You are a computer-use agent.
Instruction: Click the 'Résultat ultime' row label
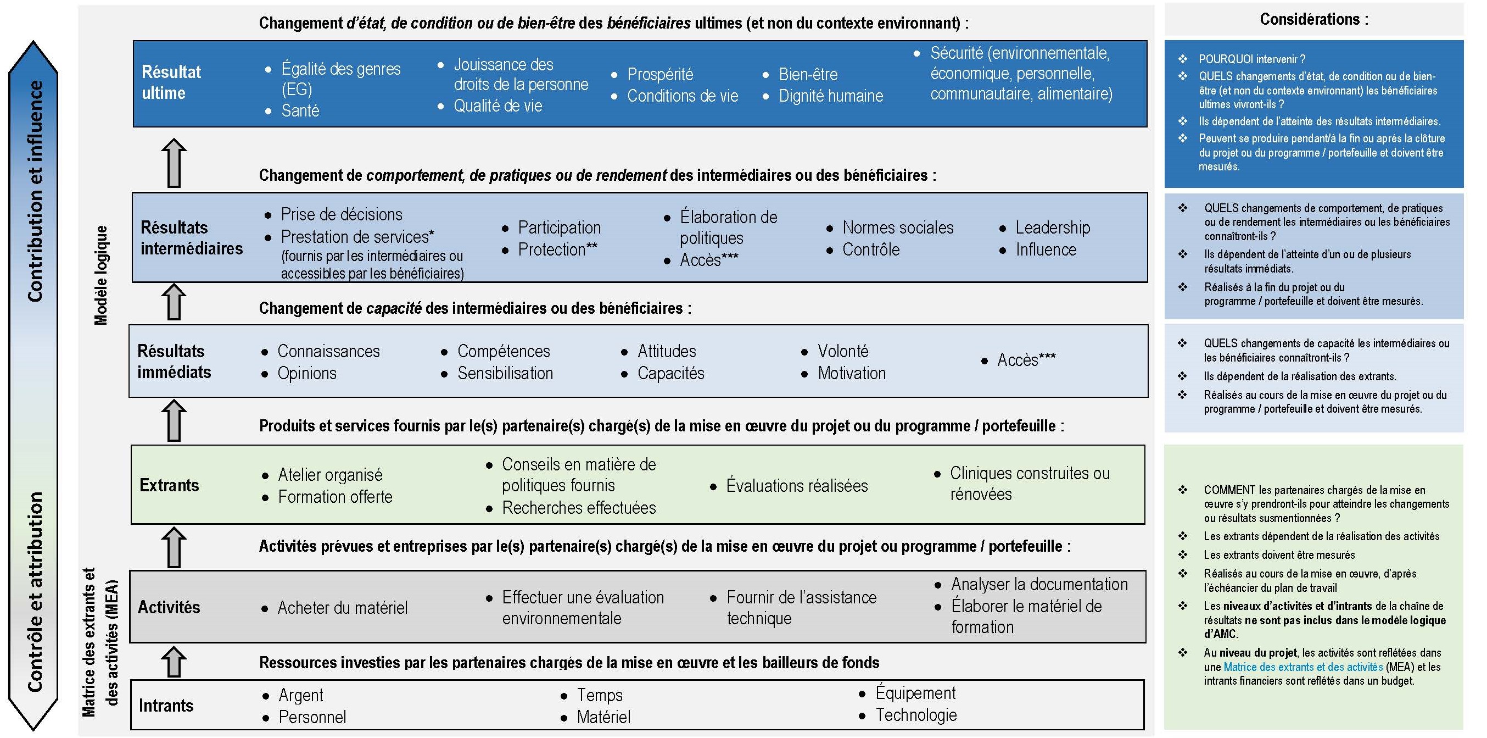[171, 82]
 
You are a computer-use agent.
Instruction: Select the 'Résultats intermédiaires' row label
[191, 238]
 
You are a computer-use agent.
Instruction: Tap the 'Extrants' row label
[169, 485]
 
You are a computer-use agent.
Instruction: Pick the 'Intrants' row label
[166, 706]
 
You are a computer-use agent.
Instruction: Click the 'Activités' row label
[169, 607]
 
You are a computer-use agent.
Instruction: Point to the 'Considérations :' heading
[1313, 20]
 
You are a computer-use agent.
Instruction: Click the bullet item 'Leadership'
[1052, 227]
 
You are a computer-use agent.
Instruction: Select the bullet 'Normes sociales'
[898, 227]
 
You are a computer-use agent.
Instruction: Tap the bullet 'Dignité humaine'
[831, 96]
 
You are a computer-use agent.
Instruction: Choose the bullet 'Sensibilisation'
[505, 374]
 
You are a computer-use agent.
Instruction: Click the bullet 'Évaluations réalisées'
[797, 486]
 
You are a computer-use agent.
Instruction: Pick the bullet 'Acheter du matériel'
[342, 608]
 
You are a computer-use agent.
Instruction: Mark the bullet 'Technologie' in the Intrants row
[916, 715]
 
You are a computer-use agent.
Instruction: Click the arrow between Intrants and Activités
[174, 662]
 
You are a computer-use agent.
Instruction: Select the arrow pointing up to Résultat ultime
[174, 163]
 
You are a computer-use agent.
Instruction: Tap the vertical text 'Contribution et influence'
[35, 191]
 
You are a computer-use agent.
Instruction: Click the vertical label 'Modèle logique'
[101, 275]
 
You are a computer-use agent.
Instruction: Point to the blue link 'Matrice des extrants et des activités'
[1303, 667]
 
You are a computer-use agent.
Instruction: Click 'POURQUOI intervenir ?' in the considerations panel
[1251, 59]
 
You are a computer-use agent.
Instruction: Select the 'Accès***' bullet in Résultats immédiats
[1026, 360]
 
